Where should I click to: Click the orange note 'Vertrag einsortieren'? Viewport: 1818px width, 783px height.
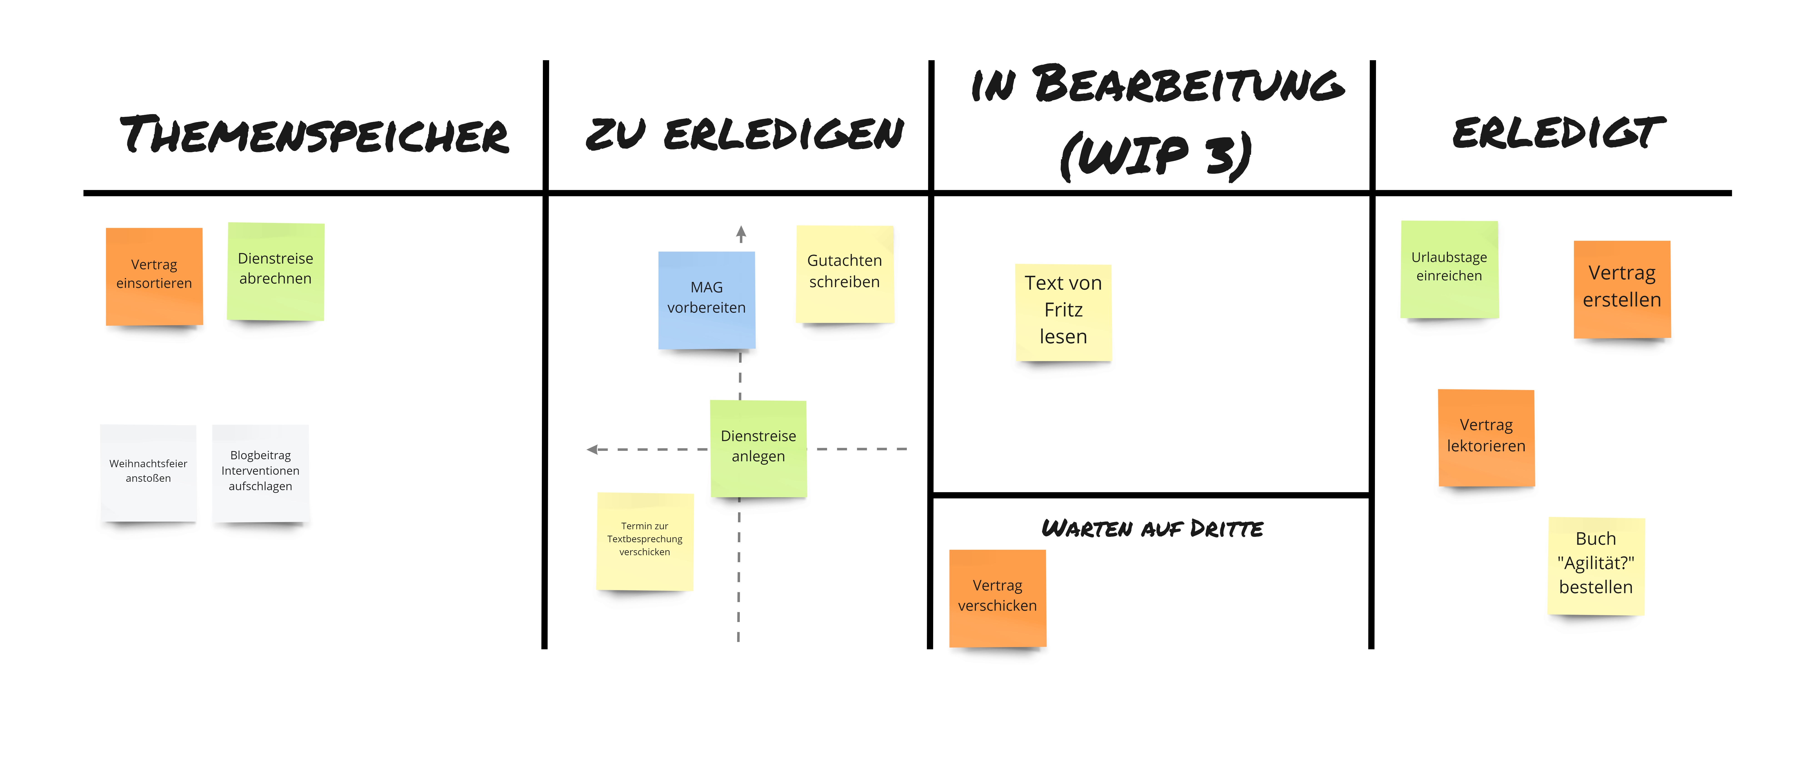coord(154,275)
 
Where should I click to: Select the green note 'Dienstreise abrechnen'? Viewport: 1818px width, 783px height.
coord(275,270)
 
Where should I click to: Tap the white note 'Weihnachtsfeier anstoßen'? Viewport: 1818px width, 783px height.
coord(148,472)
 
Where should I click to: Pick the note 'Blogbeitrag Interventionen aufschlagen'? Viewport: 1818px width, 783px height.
coord(260,472)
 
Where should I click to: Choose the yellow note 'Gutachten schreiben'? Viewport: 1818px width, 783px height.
coord(845,273)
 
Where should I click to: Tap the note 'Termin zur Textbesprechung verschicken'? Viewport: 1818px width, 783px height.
coord(644,540)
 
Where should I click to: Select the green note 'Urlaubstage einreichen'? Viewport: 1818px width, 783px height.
coord(1449,268)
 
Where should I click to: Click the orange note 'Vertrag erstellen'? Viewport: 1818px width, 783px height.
coord(1622,288)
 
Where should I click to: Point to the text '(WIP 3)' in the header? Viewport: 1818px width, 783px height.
coord(1156,155)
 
